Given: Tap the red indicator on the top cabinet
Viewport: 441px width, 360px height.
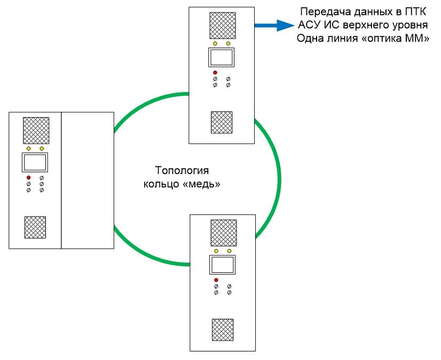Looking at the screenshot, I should (x=215, y=73).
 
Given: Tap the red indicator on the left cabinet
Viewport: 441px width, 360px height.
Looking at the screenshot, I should (x=28, y=177).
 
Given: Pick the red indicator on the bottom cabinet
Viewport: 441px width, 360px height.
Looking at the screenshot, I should (x=216, y=280).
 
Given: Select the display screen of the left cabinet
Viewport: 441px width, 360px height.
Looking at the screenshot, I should (x=35, y=161).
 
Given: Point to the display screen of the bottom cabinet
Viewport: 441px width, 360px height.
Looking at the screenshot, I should (x=222, y=264).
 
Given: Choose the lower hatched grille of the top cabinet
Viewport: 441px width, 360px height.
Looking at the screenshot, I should (x=221, y=122).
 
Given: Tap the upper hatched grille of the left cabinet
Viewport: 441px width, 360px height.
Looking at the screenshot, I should (x=35, y=130).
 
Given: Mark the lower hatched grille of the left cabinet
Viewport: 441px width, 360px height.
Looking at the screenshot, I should (x=35, y=227).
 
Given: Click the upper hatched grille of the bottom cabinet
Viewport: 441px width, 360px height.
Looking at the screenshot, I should (x=223, y=232).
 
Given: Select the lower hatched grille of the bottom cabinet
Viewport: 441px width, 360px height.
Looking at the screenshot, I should (x=222, y=330).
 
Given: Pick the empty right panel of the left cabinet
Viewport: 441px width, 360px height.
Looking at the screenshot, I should (x=88, y=180).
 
